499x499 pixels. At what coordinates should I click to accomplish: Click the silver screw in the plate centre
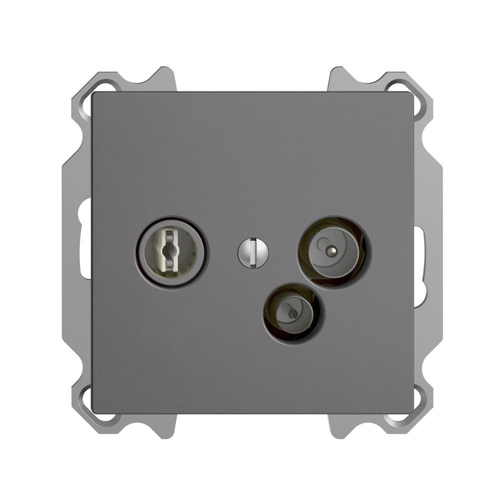pyautogui.click(x=253, y=252)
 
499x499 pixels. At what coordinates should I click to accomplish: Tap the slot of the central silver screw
pyautogui.click(x=254, y=252)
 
